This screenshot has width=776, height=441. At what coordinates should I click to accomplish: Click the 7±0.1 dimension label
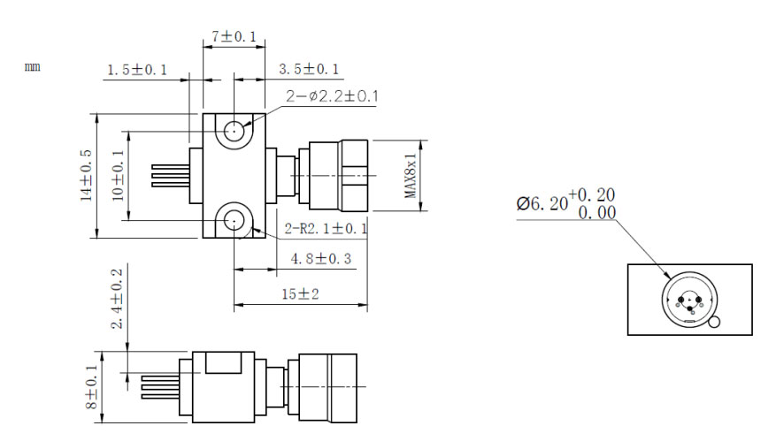(234, 36)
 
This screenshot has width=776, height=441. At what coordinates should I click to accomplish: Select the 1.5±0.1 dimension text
(137, 70)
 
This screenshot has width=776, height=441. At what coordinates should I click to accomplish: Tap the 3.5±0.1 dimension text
(309, 69)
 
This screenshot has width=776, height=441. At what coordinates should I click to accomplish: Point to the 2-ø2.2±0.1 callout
(332, 96)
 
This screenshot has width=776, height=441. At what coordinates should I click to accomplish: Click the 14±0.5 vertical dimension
(86, 175)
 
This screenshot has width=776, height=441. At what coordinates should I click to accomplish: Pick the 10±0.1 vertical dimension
(118, 176)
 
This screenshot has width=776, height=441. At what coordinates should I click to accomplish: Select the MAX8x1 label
(411, 175)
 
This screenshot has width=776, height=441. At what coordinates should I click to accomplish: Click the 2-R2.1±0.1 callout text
(327, 228)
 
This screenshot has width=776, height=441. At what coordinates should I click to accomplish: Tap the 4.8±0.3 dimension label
(320, 259)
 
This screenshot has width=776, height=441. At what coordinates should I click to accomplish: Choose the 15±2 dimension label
(301, 294)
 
